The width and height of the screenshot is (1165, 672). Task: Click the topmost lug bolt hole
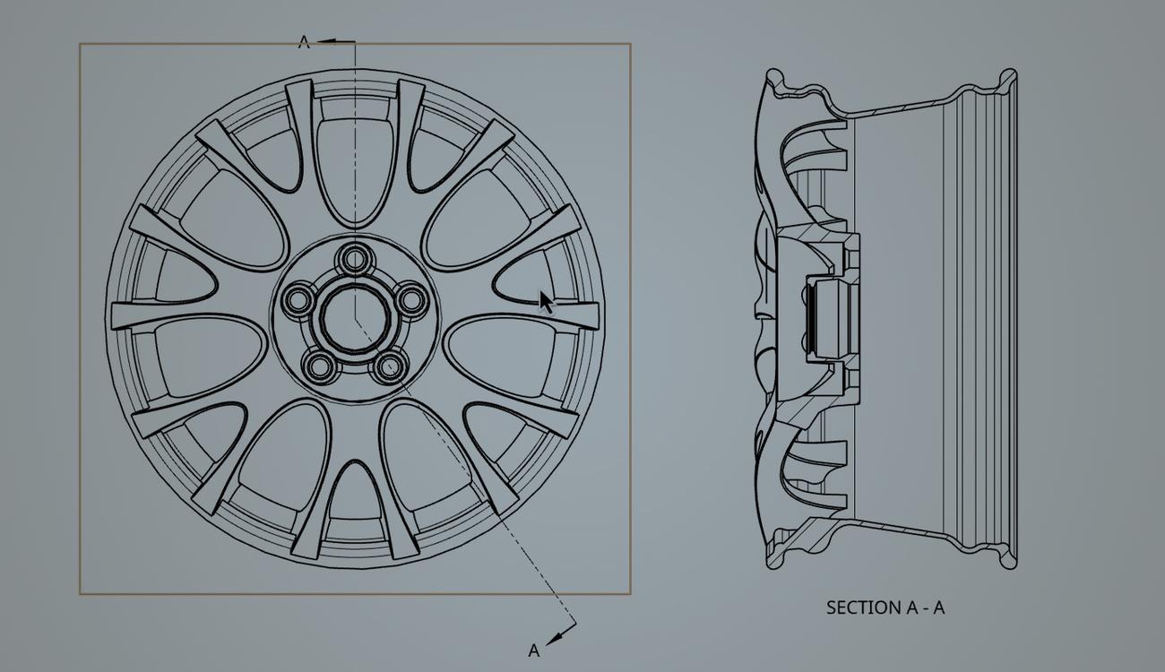click(x=356, y=260)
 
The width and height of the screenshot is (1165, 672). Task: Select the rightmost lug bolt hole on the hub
click(x=410, y=298)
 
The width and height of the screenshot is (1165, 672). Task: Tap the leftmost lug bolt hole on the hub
click(x=297, y=298)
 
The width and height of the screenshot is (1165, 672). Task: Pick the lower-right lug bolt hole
click(x=389, y=366)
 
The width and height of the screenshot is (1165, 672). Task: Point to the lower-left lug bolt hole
click(x=318, y=366)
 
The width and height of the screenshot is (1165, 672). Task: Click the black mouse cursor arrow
click(x=546, y=302)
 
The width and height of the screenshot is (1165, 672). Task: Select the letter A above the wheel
click(x=304, y=42)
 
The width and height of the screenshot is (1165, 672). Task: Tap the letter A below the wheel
click(x=534, y=650)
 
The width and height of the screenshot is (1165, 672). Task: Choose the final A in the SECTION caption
click(x=938, y=607)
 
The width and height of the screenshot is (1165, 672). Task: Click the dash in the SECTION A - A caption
click(x=925, y=607)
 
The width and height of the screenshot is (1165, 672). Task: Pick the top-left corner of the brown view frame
click(x=81, y=44)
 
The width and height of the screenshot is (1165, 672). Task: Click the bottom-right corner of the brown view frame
click(x=630, y=593)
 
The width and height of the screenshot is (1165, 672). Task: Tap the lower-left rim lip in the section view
click(x=773, y=558)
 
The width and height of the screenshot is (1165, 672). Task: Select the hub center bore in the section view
click(x=824, y=318)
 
